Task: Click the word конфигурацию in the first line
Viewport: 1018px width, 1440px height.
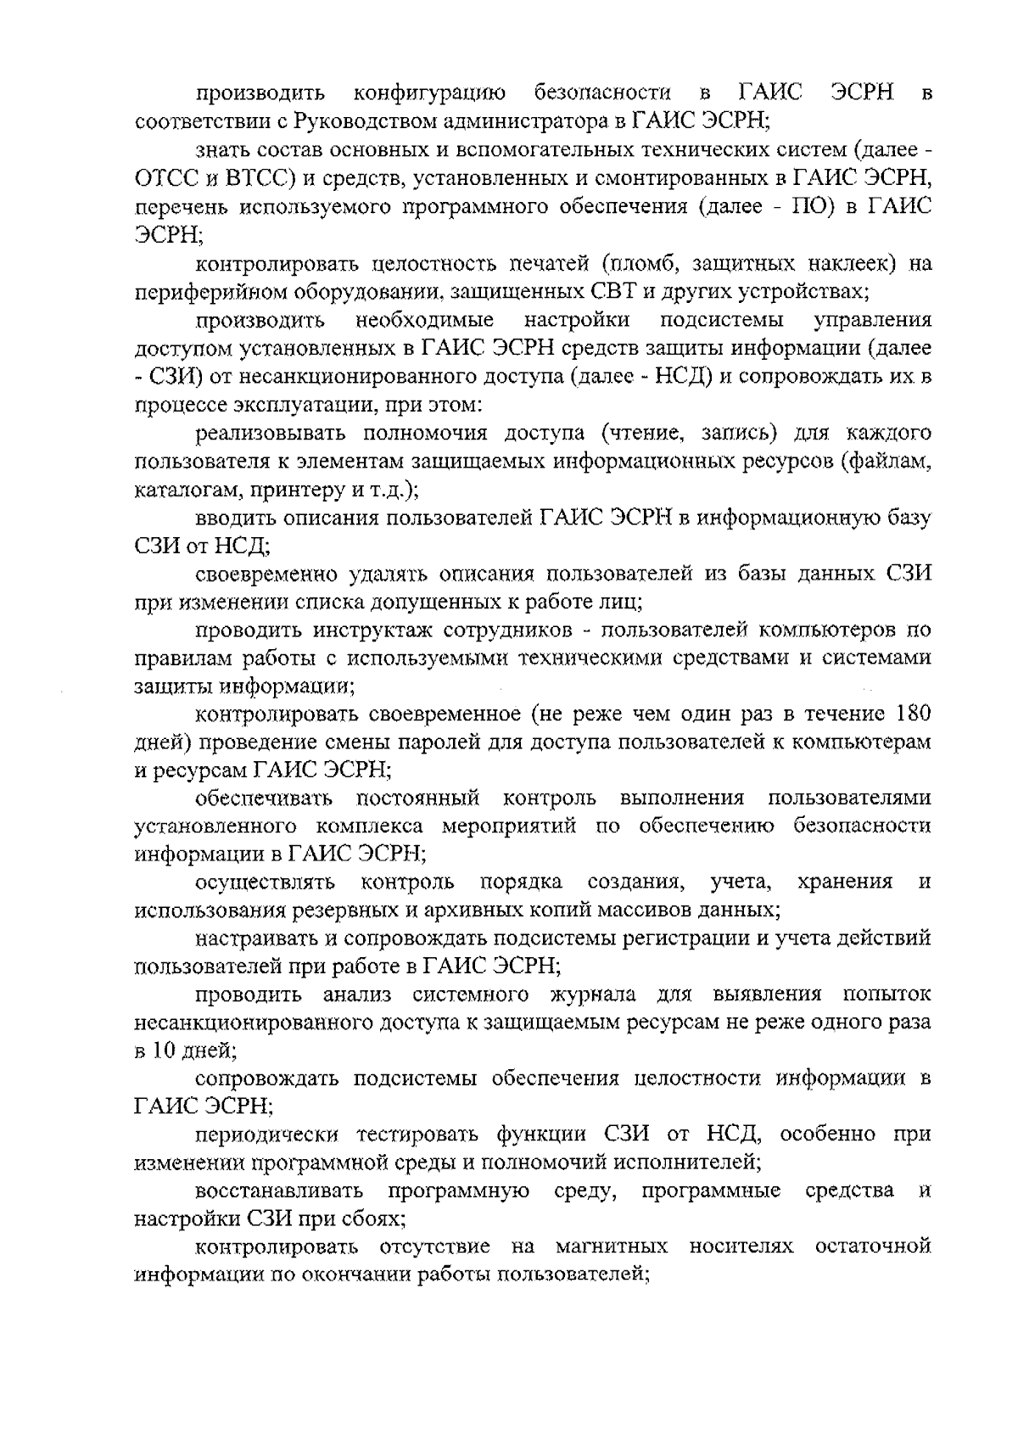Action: coord(430,92)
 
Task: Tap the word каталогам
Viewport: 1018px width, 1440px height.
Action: coord(176,490)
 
